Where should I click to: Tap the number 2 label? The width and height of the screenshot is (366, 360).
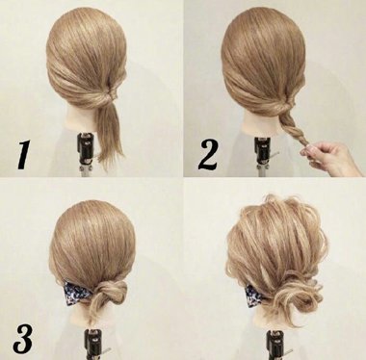(x=209, y=154)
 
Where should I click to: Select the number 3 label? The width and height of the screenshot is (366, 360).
(x=23, y=338)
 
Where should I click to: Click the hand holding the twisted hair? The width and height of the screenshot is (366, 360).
(x=332, y=157)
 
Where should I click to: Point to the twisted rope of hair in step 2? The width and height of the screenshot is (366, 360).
(x=290, y=129)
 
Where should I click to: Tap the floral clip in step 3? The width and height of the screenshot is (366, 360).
(x=74, y=293)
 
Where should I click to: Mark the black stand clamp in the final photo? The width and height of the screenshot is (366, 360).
(x=275, y=344)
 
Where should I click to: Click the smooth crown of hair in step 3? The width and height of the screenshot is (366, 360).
(x=92, y=238)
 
